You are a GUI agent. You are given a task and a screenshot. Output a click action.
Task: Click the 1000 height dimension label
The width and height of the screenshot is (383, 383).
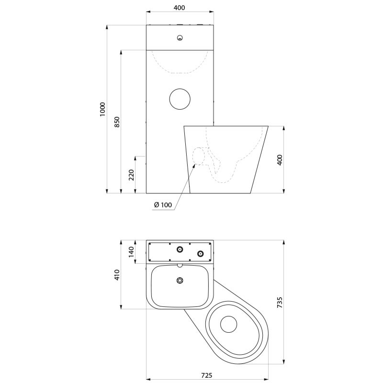[x=102, y=109]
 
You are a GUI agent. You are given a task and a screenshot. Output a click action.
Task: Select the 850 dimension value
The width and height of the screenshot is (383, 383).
[x=117, y=122]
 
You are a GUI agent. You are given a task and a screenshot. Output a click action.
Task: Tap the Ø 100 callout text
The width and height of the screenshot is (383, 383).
[x=163, y=205]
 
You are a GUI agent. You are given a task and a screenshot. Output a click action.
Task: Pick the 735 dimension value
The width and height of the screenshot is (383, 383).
[x=280, y=302]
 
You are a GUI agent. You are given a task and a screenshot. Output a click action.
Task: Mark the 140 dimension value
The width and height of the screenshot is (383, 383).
[x=131, y=251]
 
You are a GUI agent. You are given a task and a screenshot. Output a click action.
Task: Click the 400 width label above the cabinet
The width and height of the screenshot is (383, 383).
[x=179, y=8]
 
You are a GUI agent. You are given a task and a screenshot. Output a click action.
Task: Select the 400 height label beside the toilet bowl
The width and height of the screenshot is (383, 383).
[x=280, y=160]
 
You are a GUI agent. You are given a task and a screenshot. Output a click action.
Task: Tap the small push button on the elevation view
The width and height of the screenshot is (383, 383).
[x=180, y=38]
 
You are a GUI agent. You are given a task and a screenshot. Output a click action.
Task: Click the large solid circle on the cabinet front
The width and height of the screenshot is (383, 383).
[x=180, y=98]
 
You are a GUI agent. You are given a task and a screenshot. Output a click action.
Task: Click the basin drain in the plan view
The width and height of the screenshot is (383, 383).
[x=180, y=281]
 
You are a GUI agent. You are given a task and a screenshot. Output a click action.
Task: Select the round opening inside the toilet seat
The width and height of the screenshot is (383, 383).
[x=228, y=324]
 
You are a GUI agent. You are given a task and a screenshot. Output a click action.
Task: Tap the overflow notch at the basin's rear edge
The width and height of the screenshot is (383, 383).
[x=180, y=265]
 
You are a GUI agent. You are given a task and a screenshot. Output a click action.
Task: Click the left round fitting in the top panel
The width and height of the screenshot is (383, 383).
[x=180, y=249]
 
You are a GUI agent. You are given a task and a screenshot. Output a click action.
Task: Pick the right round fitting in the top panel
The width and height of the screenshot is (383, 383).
[x=201, y=253]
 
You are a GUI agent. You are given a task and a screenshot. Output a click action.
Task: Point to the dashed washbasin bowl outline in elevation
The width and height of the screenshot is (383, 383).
[x=180, y=72]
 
